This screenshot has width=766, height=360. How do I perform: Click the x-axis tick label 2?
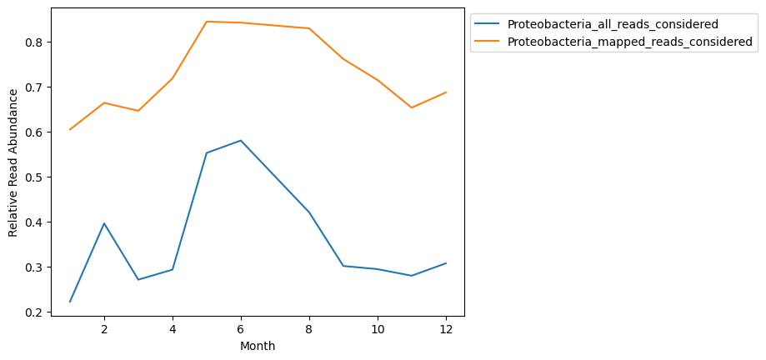click(x=104, y=329)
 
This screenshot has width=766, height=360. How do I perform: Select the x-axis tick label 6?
click(x=241, y=329)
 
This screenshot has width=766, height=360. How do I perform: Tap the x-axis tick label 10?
click(x=377, y=329)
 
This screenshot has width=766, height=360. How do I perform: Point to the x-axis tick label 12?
click(x=445, y=329)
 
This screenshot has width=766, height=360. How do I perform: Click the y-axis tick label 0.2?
click(x=34, y=312)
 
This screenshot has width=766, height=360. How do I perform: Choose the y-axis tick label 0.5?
click(x=34, y=177)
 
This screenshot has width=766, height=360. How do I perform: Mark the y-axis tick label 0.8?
click(x=34, y=42)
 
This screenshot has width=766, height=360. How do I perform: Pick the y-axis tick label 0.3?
click(x=34, y=267)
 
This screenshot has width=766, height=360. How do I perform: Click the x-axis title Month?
click(x=258, y=346)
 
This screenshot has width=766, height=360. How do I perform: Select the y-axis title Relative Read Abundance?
click(x=13, y=163)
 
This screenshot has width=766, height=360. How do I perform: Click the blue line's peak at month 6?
click(x=241, y=140)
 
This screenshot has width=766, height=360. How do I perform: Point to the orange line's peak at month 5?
click(x=207, y=22)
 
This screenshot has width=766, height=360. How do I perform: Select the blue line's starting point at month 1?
click(x=70, y=302)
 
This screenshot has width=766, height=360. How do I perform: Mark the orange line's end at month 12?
click(x=445, y=92)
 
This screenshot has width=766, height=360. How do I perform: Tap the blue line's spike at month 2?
click(x=104, y=223)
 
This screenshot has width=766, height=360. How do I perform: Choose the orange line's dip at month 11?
click(x=411, y=107)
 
